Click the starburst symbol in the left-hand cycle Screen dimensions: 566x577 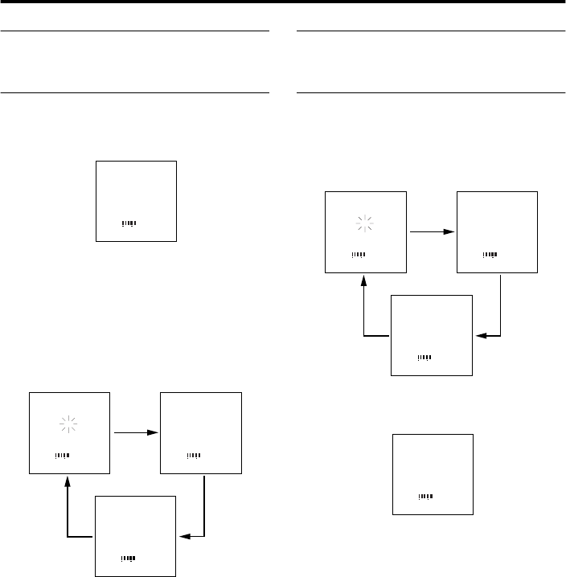tap(70, 427)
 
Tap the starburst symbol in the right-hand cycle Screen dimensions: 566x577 tap(366, 227)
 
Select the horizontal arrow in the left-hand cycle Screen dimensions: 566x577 tap(134, 433)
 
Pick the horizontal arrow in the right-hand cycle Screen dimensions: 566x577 tap(431, 232)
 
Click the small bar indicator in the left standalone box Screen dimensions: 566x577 tap(129, 222)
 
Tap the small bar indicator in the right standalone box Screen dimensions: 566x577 tap(426, 496)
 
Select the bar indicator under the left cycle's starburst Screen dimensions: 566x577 tap(62, 456)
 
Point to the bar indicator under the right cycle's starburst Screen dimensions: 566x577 tap(359, 255)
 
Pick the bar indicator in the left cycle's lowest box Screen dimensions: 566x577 tap(129, 558)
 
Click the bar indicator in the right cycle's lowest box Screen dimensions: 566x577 tap(425, 357)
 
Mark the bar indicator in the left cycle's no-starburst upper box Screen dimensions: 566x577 tap(194, 456)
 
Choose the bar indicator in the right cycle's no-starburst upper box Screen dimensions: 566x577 tap(490, 255)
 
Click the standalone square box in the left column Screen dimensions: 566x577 tap(136, 201)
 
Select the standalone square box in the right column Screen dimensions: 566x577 tap(433, 474)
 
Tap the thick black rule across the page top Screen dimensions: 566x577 tap(283, 2)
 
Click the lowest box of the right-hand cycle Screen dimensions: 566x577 tap(431, 334)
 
